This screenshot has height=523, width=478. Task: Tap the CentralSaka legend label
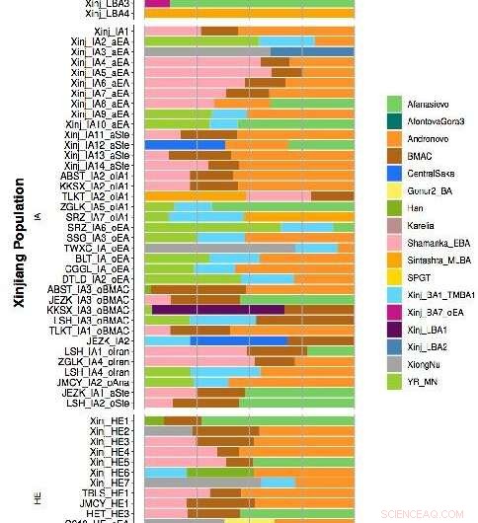[x=436, y=173]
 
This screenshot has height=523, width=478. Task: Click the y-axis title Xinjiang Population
[x=19, y=244]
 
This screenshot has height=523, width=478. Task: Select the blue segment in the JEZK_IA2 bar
[x=237, y=340]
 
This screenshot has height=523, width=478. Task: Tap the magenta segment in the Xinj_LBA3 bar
[x=157, y=4]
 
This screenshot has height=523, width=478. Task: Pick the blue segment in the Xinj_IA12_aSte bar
[x=185, y=144]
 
